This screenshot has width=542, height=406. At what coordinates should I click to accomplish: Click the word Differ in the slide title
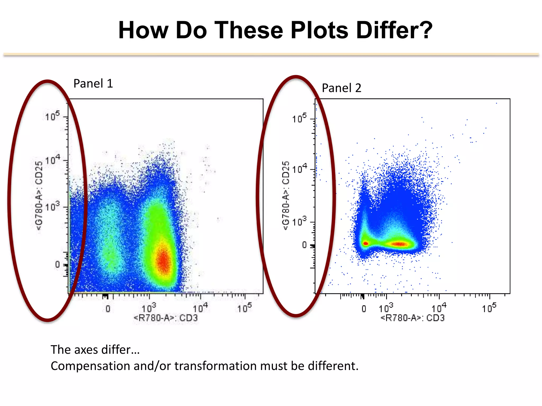[394, 30]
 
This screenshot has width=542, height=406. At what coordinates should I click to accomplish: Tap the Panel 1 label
[93, 84]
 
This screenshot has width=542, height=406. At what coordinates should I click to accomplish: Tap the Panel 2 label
[341, 88]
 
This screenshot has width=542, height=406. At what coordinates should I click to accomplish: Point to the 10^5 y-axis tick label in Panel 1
[52, 116]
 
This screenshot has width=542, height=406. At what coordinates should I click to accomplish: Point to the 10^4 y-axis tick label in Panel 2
[299, 168]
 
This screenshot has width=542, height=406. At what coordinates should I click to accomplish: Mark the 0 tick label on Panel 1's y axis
[57, 264]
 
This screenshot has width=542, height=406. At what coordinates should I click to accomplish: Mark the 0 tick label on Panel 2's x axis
[364, 309]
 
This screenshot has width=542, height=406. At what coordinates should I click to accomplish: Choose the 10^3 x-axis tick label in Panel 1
[148, 308]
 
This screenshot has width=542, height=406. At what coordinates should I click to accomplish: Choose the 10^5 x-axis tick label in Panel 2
[489, 308]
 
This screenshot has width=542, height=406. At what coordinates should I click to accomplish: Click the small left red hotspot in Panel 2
[365, 243]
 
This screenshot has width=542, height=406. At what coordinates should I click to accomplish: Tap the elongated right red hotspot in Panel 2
[399, 244]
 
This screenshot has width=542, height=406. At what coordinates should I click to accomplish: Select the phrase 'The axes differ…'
[95, 350]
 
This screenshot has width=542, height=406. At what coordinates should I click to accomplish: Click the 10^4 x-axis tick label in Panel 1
[200, 308]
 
